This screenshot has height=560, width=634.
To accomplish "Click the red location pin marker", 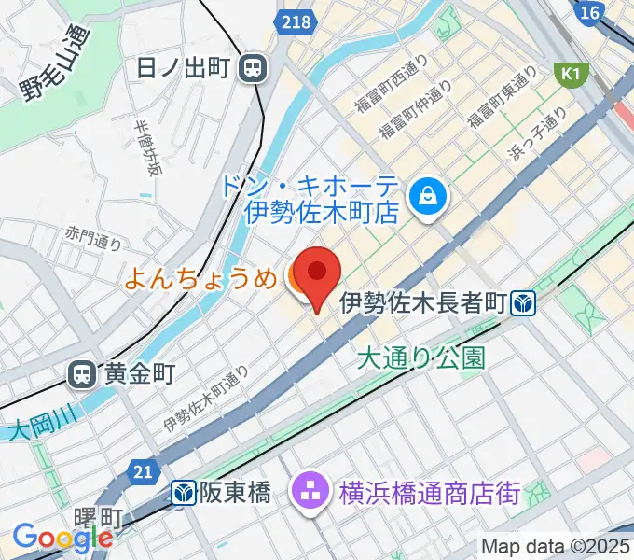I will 317,273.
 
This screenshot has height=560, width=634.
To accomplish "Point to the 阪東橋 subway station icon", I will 184,492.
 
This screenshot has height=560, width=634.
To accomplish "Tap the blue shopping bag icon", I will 429,196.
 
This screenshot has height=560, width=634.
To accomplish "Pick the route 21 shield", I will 142,473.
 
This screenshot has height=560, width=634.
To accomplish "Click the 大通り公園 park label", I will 421,358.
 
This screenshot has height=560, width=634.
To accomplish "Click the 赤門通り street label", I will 94,237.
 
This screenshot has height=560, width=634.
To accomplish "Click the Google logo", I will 62,539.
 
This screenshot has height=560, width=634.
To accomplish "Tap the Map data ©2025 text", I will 556,546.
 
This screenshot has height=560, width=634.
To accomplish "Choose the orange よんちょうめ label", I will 200,277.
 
